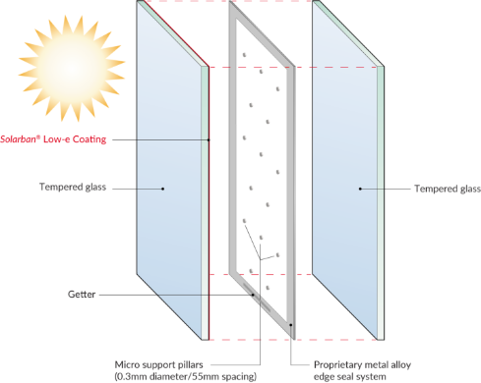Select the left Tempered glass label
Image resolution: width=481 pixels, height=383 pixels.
click(x=71, y=188)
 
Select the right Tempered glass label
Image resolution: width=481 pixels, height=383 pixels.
click(x=447, y=188)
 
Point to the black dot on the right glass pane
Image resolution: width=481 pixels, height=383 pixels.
click(x=361, y=188)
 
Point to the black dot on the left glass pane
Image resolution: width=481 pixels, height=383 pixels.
click(x=164, y=188)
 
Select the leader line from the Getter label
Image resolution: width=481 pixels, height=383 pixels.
click(x=177, y=293)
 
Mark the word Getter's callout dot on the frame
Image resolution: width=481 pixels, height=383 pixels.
click(x=253, y=293)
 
